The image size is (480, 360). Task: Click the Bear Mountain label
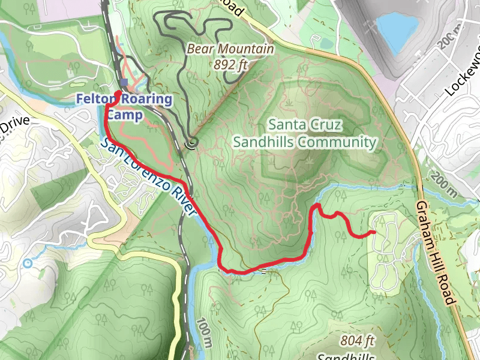230,49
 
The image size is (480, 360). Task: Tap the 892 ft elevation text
230,64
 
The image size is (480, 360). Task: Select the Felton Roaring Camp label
124,107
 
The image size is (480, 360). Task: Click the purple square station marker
124,83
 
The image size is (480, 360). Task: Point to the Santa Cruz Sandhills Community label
305,134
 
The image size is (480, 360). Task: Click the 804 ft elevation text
358,341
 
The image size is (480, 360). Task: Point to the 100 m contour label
203,334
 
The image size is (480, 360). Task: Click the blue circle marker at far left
28,263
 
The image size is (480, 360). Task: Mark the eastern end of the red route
374,232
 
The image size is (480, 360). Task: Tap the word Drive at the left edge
14,127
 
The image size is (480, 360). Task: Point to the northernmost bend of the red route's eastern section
317,206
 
